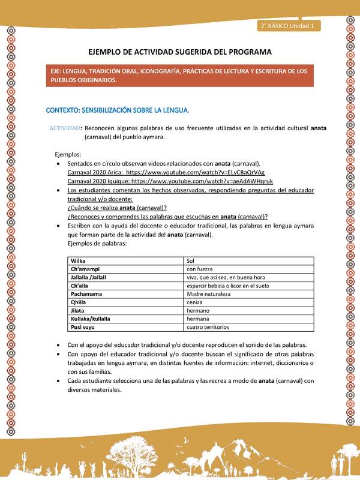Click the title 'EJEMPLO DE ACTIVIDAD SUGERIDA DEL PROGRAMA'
[x=180, y=52]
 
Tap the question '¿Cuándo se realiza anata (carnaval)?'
[x=118, y=208]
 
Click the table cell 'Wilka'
[x=78, y=261]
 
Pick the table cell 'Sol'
[x=191, y=261]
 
